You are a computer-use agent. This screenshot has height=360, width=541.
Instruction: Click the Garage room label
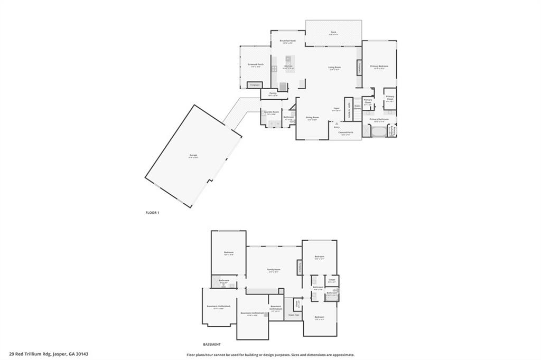click(x=193, y=155)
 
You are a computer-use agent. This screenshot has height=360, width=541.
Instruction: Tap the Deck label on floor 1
click(x=334, y=33)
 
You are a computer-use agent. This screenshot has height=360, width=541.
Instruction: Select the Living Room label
click(x=334, y=68)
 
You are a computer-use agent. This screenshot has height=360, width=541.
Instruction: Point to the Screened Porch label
click(x=256, y=64)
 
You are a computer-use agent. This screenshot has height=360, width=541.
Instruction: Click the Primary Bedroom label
click(x=379, y=67)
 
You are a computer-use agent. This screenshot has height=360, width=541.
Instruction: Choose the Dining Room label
click(x=312, y=118)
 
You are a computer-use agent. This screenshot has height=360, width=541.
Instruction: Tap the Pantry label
click(x=273, y=93)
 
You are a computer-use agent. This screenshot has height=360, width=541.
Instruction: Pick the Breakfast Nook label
click(x=288, y=41)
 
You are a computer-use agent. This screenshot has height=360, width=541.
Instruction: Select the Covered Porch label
click(x=346, y=132)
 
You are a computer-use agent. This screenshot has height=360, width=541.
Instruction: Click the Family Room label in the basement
click(x=273, y=270)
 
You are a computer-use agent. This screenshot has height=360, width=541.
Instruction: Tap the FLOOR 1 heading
click(x=152, y=213)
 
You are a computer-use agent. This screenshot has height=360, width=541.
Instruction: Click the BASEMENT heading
click(x=211, y=344)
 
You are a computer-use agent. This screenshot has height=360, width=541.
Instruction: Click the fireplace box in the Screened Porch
click(x=255, y=84)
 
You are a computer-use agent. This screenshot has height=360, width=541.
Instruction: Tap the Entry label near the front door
click(x=337, y=127)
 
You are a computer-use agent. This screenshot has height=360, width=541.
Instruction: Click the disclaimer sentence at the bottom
click(x=270, y=355)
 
